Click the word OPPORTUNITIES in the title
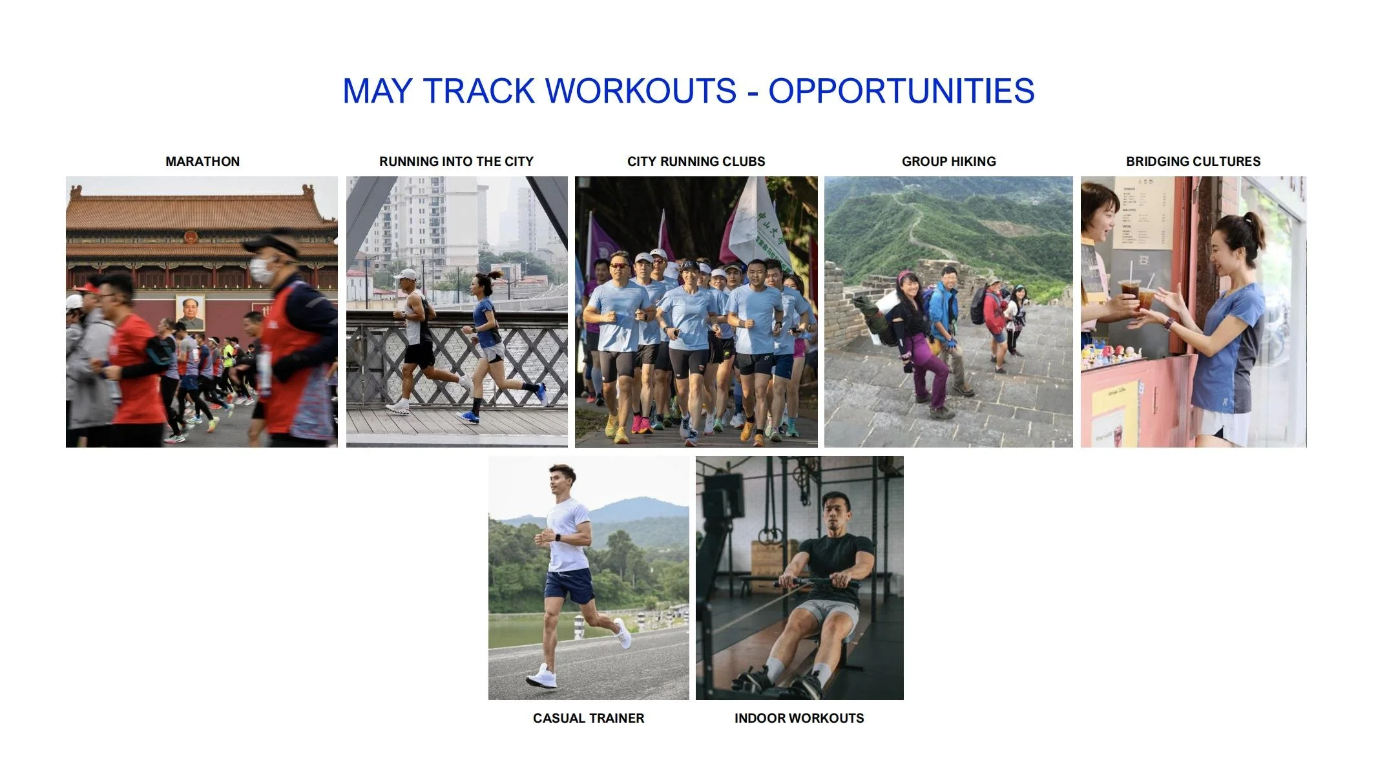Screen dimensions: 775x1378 [901, 91]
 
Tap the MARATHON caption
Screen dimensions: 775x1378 [202, 161]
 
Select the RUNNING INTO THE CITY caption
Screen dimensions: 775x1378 [456, 161]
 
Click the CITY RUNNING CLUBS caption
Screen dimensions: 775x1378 [696, 161]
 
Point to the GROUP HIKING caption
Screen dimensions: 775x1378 [948, 161]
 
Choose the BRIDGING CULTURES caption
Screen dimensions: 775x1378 [1193, 161]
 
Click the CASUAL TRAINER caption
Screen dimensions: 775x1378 [588, 718]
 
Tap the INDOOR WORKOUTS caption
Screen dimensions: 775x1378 [799, 718]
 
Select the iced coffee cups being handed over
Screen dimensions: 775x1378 [1138, 295]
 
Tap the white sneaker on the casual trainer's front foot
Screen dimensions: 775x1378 [541, 677]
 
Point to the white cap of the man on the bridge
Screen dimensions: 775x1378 [406, 274]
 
